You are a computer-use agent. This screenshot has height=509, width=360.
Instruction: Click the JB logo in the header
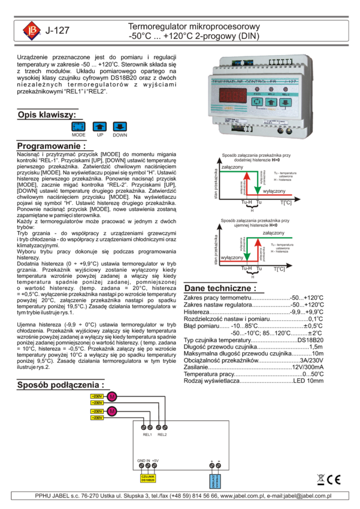[x=32, y=31]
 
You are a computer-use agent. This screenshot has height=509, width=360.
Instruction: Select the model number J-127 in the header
[x=58, y=31]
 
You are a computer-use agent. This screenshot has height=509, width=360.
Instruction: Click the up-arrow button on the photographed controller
[x=271, y=102]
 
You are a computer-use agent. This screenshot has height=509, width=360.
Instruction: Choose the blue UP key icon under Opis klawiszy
[x=99, y=126]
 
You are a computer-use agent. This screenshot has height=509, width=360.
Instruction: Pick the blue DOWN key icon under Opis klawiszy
[x=120, y=126]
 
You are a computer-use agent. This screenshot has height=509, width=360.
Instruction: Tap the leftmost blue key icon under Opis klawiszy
[x=78, y=126]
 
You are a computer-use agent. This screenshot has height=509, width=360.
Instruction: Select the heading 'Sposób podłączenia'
[x=60, y=384]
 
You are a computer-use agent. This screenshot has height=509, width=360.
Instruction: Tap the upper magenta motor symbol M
[x=112, y=396]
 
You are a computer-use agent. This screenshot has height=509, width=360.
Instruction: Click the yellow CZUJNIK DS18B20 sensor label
[x=148, y=478]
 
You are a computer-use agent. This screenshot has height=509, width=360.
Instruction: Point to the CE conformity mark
[x=334, y=480]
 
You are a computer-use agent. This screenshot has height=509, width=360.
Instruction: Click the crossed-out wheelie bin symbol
[x=321, y=480]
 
